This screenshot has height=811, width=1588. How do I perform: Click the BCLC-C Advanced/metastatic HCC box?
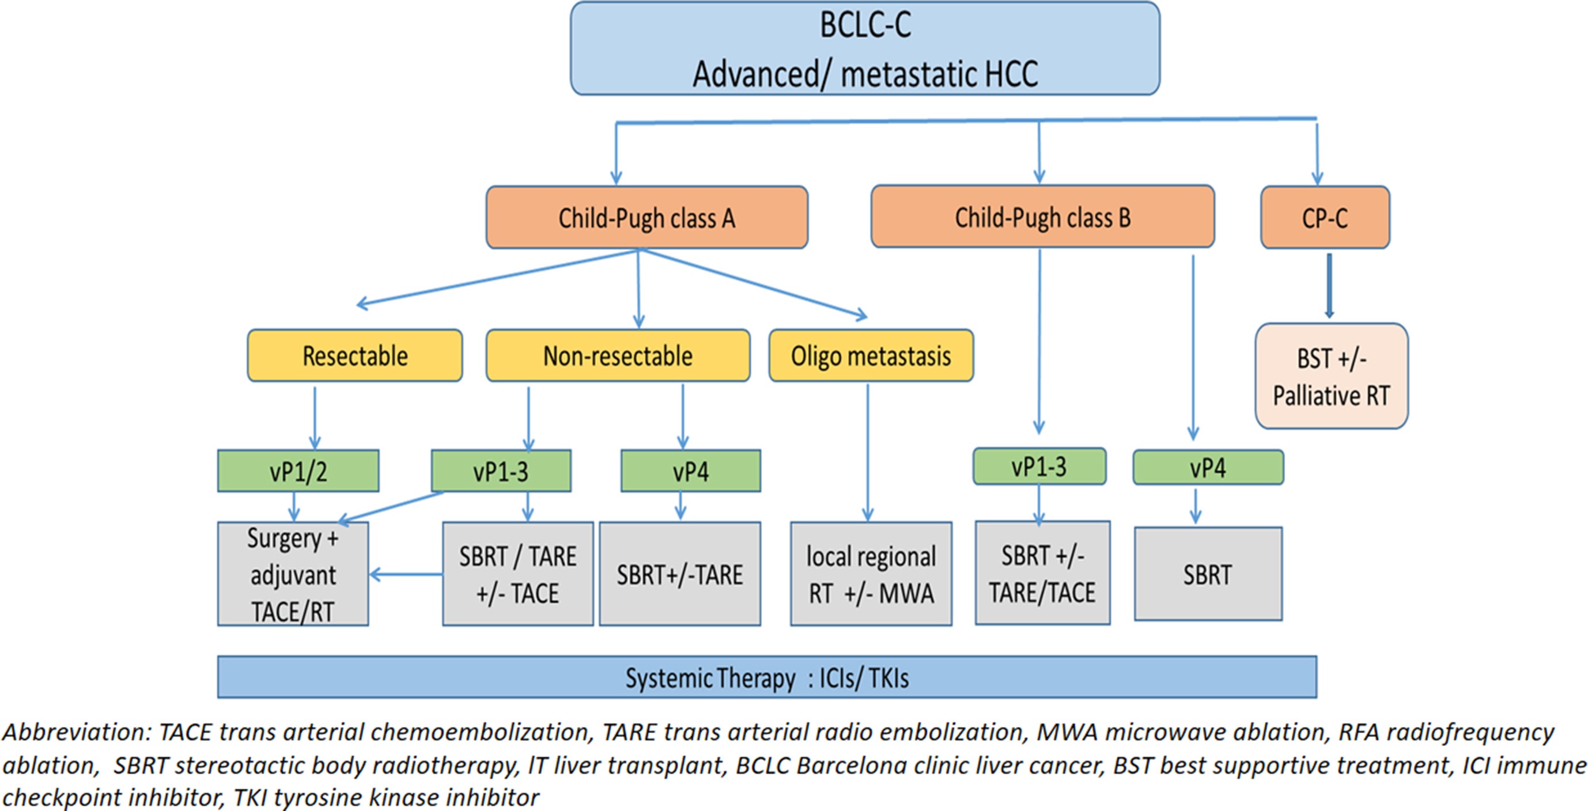(865, 48)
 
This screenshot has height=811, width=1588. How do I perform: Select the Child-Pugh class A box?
(646, 218)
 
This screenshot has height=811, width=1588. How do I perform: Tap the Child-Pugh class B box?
(1042, 217)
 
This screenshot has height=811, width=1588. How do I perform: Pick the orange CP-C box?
(1325, 218)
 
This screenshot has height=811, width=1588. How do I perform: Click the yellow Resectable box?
(354, 355)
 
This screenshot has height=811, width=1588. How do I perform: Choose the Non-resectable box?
(618, 355)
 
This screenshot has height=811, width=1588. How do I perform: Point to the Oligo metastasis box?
(871, 355)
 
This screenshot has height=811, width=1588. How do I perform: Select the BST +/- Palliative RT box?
(1332, 376)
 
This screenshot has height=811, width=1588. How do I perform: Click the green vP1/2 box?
(298, 471)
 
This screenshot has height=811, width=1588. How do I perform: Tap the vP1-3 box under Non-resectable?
(501, 471)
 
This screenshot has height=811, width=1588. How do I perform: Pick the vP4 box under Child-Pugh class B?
(1208, 467)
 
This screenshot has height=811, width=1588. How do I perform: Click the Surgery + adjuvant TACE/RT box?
(293, 574)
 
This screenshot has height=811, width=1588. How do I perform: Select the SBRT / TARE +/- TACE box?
(518, 574)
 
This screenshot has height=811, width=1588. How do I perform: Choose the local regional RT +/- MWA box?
(871, 574)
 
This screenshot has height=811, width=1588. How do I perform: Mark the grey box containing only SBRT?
(1208, 574)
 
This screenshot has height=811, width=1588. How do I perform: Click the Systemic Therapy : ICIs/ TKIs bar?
(767, 677)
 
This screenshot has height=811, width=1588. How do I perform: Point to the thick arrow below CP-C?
(1329, 286)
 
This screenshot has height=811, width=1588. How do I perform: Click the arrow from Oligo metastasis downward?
(868, 453)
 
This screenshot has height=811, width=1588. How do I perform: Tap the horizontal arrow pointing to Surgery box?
(406, 575)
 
